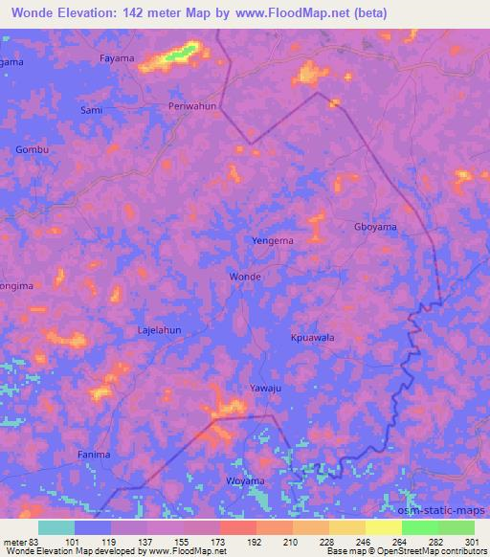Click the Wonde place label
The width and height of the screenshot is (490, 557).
[245, 276]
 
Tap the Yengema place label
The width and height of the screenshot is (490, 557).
[272, 240]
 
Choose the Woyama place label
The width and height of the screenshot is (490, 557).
[245, 480]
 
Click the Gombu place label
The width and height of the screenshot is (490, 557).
[32, 150]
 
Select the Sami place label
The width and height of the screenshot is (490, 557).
[92, 110]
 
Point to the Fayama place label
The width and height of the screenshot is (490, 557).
[117, 59]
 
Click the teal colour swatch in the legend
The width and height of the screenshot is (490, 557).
[56, 527]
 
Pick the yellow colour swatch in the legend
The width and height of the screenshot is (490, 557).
[383, 527]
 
